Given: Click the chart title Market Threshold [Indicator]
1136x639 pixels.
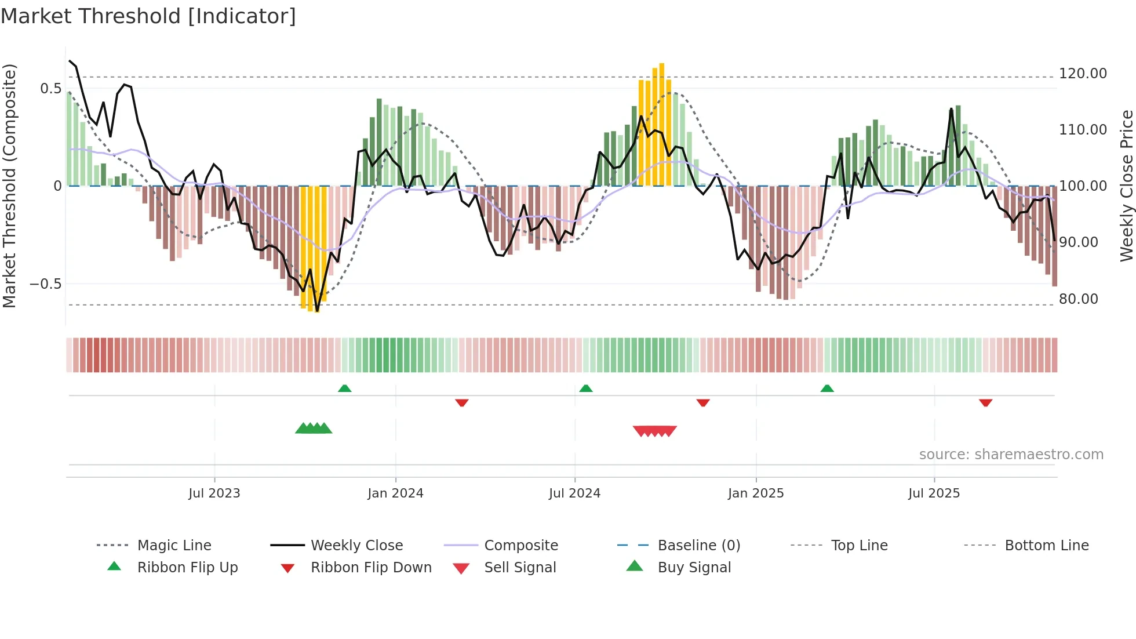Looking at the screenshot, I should coord(148,16).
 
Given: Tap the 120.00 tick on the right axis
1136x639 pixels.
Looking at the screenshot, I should coord(1083,74).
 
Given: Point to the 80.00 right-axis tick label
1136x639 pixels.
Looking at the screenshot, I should coord(1078,299).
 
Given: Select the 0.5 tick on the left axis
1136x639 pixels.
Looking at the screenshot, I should coord(50,89).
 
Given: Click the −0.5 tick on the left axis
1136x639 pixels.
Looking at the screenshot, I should coord(46,284).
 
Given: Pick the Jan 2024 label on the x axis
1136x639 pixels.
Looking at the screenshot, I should coord(395,493).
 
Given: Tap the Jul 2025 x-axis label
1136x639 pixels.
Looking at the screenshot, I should coord(934,493).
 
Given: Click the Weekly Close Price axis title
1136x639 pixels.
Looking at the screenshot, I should coord(1126,186).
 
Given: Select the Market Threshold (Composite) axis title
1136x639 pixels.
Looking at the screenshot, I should coord(9,186).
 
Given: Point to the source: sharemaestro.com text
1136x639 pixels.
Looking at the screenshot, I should coord(1011,455).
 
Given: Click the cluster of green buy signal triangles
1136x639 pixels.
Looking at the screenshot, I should coord(314,429).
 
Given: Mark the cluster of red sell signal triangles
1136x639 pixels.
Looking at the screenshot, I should coord(655,431).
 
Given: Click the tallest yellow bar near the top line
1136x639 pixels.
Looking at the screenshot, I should coord(661,125).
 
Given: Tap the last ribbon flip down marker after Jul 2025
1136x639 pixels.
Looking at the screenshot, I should coord(985,402).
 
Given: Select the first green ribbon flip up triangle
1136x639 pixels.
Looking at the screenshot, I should coord(344,389).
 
